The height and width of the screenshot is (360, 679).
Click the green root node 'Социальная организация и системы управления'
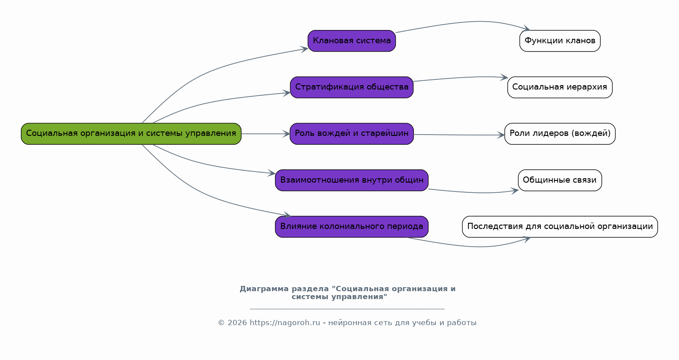click(131, 134)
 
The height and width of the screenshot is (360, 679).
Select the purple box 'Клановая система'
click(352, 41)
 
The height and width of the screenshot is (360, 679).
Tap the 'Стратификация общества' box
click(352, 87)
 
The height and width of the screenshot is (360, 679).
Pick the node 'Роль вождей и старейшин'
click(352, 134)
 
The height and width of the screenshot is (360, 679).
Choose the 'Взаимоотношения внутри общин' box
click(352, 180)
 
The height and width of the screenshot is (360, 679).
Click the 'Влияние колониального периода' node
click(352, 227)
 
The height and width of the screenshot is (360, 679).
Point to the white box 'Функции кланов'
click(559, 41)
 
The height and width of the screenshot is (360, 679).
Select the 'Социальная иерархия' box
click(559, 87)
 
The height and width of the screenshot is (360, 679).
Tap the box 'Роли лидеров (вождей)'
click(559, 134)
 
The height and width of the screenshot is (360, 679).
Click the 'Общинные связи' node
click(559, 180)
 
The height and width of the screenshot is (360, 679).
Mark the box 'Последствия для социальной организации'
click(559, 227)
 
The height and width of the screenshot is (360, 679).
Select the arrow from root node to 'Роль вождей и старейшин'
click(265, 134)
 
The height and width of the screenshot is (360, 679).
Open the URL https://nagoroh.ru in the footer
click(285, 323)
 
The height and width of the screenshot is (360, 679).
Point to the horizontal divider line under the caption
click(347, 309)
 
